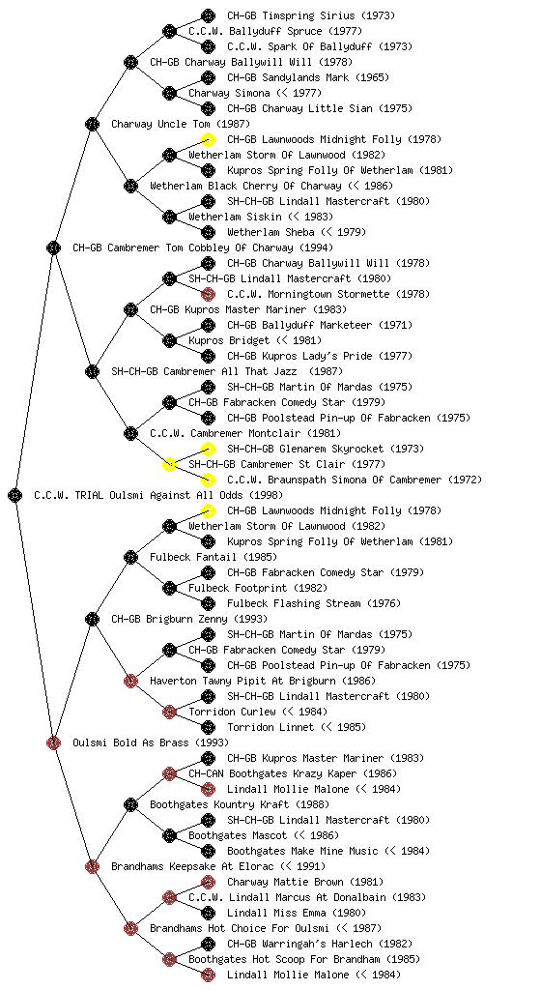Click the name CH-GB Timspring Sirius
tap(292, 15)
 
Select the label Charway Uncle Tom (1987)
tap(181, 124)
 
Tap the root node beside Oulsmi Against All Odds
tap(15, 495)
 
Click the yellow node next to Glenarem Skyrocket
tap(208, 449)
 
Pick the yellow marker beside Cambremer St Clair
tap(169, 464)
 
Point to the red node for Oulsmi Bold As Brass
tap(53, 742)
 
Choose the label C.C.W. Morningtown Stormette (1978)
tap(328, 294)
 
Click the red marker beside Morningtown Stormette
tap(208, 294)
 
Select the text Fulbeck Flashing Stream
tap(294, 603)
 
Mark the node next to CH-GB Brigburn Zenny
tap(92, 619)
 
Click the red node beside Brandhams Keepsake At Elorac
tap(92, 866)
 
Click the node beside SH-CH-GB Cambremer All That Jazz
tap(92, 371)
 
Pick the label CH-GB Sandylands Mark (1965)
tap(308, 77)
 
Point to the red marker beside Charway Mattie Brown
tap(208, 882)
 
